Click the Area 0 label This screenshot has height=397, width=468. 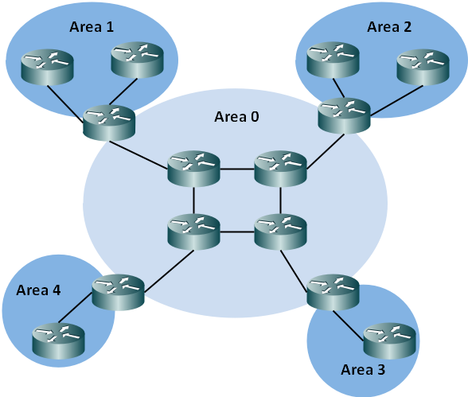[x=236, y=117]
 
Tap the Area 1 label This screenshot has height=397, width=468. [x=92, y=27]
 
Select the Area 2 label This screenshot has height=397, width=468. [x=389, y=27]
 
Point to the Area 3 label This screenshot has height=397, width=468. [x=363, y=370]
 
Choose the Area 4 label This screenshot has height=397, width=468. [x=38, y=290]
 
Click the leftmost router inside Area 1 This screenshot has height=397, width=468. [x=47, y=67]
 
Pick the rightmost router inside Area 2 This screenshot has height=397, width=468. [x=423, y=67]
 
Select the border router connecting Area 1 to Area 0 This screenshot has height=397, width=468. [x=109, y=123]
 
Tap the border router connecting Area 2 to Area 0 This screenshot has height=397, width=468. [x=344, y=115]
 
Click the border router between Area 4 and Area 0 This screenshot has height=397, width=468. [x=118, y=292]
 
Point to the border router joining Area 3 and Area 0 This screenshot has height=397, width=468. [x=333, y=292]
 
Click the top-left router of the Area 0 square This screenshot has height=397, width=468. [x=193, y=169]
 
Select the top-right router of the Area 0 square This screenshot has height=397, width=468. [x=280, y=169]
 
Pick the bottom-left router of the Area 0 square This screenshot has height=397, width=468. [x=193, y=232]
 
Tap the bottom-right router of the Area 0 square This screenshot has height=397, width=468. [x=280, y=232]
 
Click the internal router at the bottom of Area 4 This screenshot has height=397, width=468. [x=59, y=341]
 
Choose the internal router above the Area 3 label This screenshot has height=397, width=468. [x=389, y=341]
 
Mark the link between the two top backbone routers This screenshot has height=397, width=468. [x=237, y=169]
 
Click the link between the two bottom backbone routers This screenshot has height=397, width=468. [x=237, y=232]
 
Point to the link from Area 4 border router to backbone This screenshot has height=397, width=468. [x=170, y=271]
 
